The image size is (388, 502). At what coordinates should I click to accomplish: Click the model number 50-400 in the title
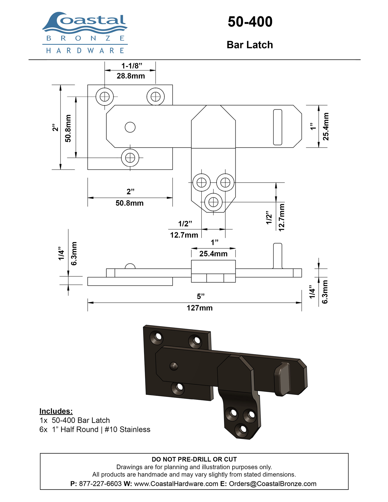tap(250, 21)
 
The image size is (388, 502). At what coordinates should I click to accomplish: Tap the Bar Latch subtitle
tap(250, 45)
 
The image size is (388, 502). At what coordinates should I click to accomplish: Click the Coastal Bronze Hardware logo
tap(85, 33)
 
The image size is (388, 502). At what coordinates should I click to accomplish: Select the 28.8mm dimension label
tap(131, 76)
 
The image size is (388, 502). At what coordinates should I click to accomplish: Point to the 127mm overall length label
tap(200, 308)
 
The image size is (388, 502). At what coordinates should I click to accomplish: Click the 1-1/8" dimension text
tap(132, 66)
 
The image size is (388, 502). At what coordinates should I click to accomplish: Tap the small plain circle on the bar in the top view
tap(130, 127)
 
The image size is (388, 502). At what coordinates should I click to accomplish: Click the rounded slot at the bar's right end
tap(278, 127)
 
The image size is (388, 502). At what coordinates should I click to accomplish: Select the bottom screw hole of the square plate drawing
tap(130, 158)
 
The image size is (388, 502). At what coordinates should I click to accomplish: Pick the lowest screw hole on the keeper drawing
tap(213, 202)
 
